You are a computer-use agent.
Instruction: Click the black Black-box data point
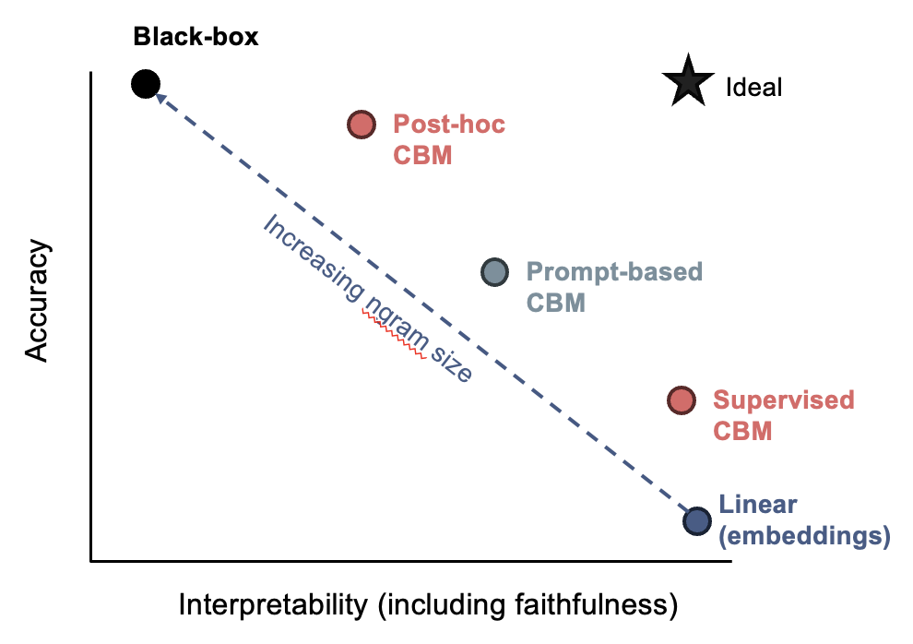(x=145, y=85)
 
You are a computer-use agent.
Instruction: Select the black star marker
(x=688, y=82)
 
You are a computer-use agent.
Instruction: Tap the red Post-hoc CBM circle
(x=362, y=125)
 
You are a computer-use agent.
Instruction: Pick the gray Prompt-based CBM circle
(x=495, y=271)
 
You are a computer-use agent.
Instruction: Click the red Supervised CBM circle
(x=681, y=400)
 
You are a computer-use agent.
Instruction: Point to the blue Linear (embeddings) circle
(x=698, y=520)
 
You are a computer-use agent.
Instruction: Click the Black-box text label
(x=196, y=38)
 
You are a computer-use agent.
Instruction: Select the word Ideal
(x=754, y=88)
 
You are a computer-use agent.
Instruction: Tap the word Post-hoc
(x=449, y=124)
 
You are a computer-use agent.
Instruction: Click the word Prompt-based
(x=614, y=272)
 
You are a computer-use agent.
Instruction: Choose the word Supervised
(x=784, y=400)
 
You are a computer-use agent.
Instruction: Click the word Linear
(x=758, y=505)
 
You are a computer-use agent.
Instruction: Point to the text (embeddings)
(x=803, y=536)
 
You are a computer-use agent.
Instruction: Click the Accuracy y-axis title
(x=38, y=302)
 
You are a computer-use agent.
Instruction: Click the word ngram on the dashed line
(x=393, y=322)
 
